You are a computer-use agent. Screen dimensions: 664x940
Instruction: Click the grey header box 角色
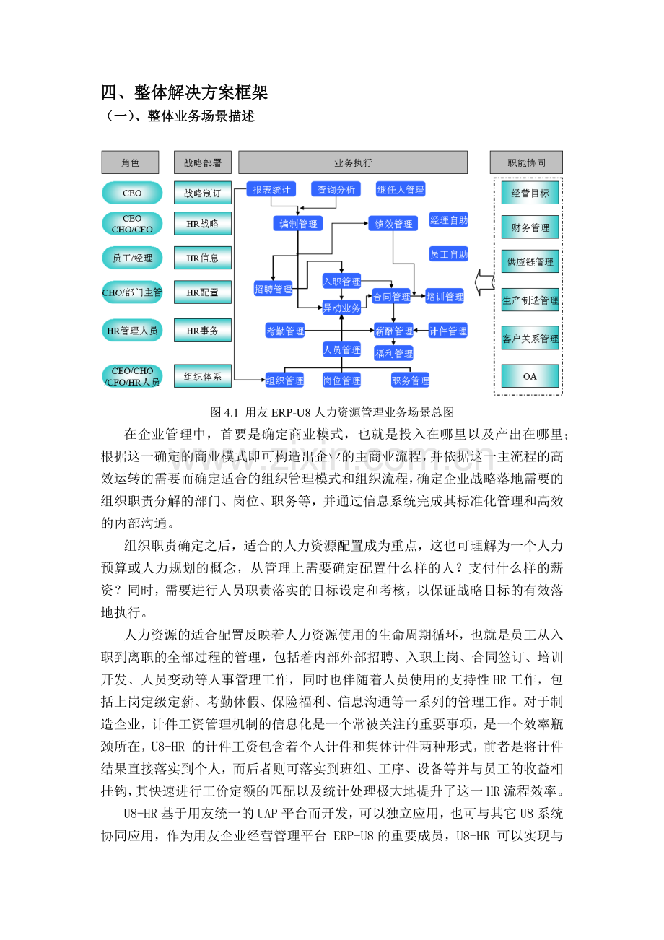click(130, 162)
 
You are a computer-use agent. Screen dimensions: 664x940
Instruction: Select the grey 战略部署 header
click(203, 162)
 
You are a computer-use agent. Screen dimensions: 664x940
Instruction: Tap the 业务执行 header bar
click(353, 162)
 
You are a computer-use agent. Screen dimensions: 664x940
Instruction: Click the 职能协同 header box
click(526, 162)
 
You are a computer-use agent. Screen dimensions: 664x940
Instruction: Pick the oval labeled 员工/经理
click(132, 258)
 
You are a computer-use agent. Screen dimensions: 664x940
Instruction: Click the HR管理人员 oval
click(132, 330)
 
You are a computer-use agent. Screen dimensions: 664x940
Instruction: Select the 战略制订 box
click(203, 193)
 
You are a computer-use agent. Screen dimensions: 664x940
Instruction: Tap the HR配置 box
click(203, 292)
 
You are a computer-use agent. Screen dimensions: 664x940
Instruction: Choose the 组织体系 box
click(203, 376)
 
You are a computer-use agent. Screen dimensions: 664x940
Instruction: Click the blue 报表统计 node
click(271, 189)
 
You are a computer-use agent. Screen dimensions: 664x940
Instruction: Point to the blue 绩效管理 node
click(393, 224)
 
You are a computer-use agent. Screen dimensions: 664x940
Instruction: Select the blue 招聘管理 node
click(273, 289)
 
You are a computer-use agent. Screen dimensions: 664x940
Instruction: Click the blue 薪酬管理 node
click(394, 331)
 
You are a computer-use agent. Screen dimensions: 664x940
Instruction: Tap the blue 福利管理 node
click(394, 353)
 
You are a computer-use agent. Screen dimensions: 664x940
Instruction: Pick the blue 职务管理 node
click(410, 380)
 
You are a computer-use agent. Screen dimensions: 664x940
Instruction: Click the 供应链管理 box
click(530, 261)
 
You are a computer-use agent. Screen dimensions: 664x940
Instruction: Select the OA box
click(530, 376)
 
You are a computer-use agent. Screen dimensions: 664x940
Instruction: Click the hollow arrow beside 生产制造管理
click(484, 282)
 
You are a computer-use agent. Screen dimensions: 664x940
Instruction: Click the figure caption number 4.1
click(231, 412)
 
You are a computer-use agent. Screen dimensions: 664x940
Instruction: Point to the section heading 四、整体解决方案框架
click(184, 92)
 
